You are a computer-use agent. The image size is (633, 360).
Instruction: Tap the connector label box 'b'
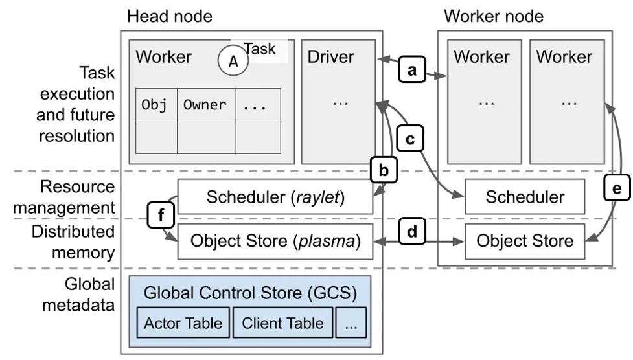point(383,171)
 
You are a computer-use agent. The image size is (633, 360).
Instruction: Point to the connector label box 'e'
point(616,188)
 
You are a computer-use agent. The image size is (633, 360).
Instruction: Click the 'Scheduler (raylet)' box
point(275,197)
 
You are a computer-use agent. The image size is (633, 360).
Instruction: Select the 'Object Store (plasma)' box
point(275,241)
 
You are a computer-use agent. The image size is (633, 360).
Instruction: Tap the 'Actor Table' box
point(183,323)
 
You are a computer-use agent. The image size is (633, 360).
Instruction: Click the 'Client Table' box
point(282,323)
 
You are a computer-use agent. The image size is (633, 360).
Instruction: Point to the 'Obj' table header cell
point(155,104)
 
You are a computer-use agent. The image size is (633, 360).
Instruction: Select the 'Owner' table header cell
point(205,104)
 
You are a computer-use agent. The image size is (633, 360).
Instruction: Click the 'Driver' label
point(331,57)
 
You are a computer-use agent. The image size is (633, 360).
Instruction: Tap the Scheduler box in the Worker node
point(525,197)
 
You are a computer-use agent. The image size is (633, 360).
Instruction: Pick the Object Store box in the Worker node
point(525,241)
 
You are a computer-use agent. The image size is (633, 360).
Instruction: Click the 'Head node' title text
point(170,16)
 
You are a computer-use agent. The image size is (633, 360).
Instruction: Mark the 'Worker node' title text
point(494,16)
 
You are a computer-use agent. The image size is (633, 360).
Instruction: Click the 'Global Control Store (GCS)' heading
point(250,293)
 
